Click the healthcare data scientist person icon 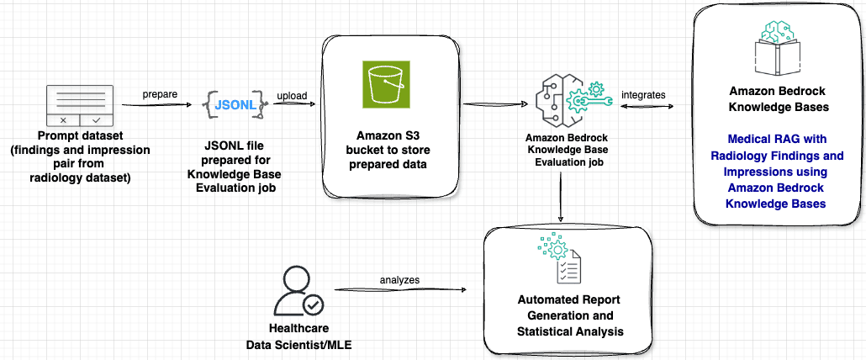tap(297, 291)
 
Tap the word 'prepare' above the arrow tap(159, 93)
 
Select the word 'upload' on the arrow tap(292, 95)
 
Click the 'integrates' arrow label tap(643, 94)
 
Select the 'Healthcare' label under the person tap(298, 330)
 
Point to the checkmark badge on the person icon tap(312, 303)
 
